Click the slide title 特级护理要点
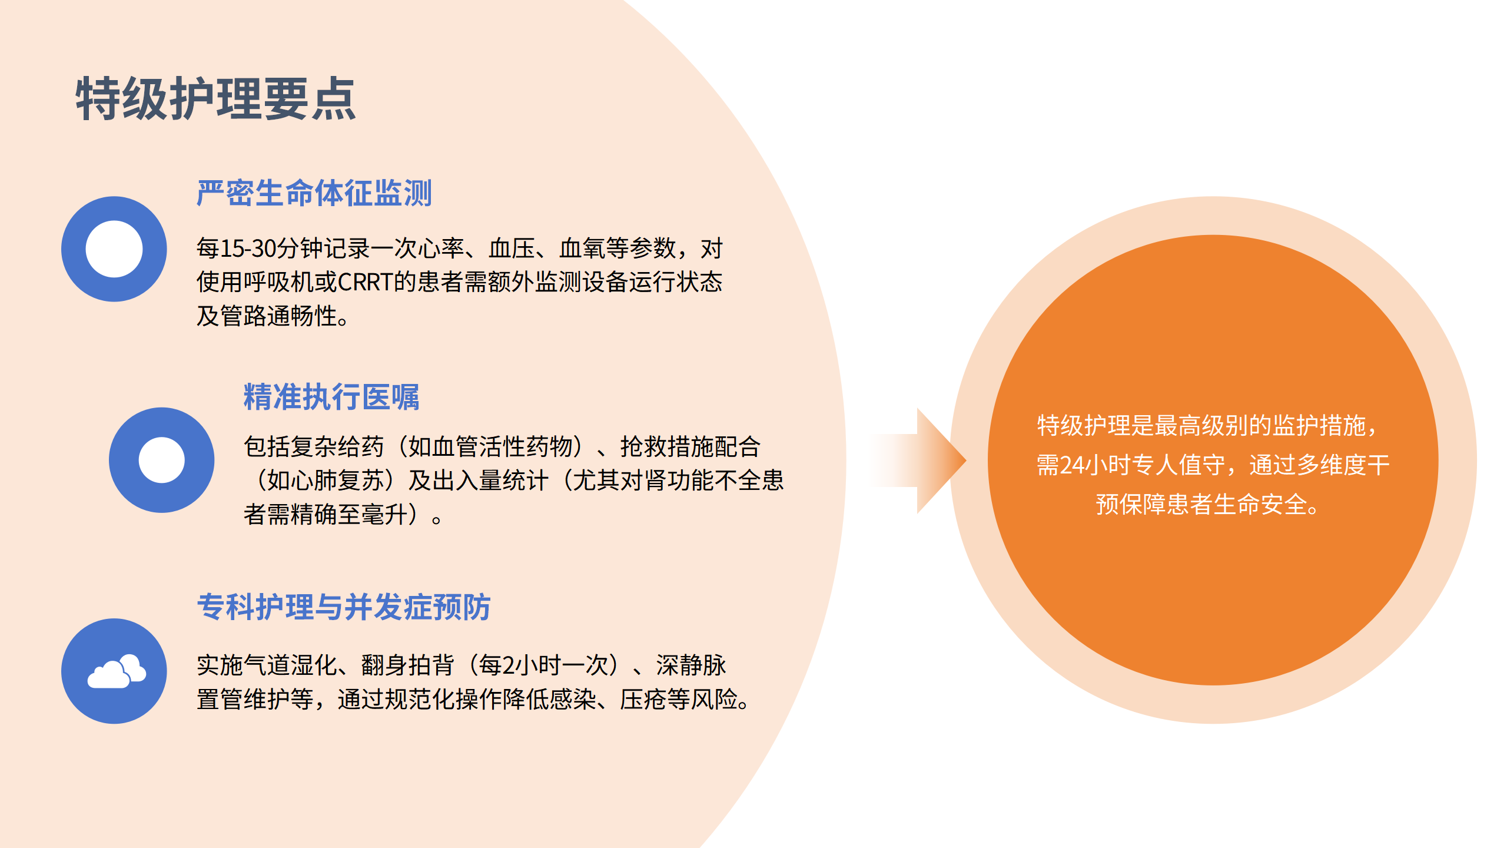[215, 99]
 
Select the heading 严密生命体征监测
[314, 193]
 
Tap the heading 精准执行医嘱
[331, 396]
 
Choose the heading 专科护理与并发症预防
[344, 607]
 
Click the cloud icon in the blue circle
[117, 671]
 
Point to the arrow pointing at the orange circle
[924, 461]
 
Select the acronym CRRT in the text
[365, 282]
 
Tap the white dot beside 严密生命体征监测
[114, 249]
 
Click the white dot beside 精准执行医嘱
[161, 460]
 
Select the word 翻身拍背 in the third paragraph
[407, 665]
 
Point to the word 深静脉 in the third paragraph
[691, 665]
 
